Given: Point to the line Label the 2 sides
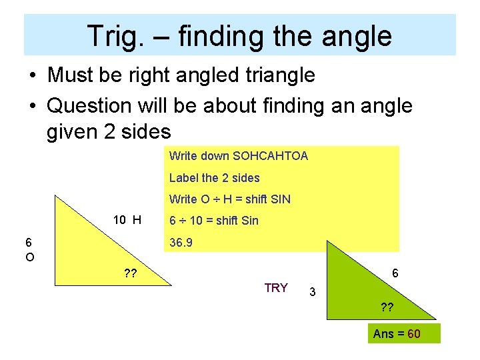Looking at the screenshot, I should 214,178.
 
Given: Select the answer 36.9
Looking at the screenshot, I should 181,243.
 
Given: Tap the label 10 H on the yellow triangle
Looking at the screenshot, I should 127,220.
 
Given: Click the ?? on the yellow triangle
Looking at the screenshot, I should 131,272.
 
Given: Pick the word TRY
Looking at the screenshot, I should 276,288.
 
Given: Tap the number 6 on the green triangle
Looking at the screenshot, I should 395,273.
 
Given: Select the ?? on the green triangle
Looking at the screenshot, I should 386,308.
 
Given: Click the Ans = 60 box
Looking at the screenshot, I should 397,333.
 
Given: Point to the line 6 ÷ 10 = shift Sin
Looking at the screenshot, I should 213,221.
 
